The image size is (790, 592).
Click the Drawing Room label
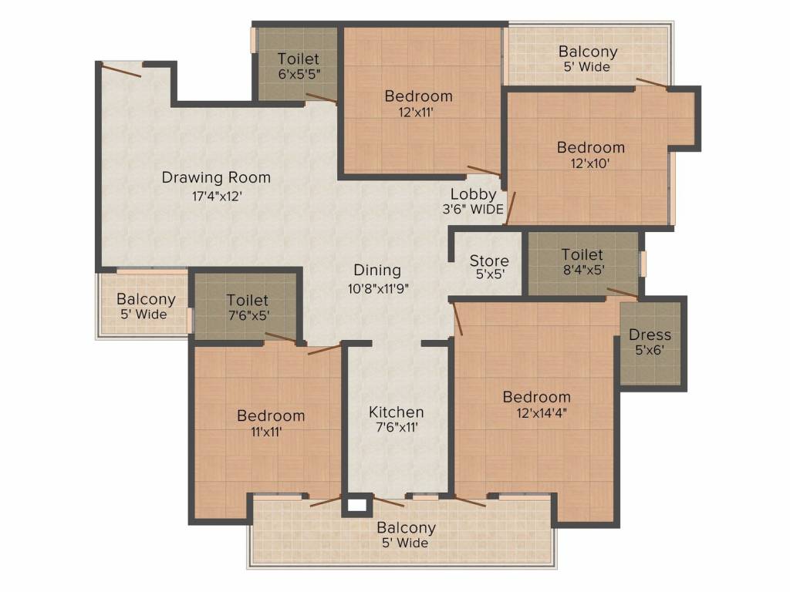pos(216,178)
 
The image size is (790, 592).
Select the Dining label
pos(377,271)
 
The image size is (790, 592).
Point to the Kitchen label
pos(396,412)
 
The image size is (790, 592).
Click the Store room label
pos(488,261)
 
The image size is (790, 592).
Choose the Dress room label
pos(650,335)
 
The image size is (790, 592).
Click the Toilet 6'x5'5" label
pos(298,59)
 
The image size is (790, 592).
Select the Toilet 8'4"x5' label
pos(582,255)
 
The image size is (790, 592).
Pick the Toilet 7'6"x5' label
pos(247,301)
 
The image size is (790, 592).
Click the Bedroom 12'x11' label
pos(418,97)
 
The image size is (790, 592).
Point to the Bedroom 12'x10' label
pos(591,148)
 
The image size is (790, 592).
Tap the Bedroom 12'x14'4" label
pos(536,398)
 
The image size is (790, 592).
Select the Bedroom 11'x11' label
pos(271,416)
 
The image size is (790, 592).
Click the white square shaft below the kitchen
pos(356,506)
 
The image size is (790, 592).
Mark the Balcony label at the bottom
pos(406,528)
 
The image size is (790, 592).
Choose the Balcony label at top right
pos(588,52)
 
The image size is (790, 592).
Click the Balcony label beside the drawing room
pos(146,300)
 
